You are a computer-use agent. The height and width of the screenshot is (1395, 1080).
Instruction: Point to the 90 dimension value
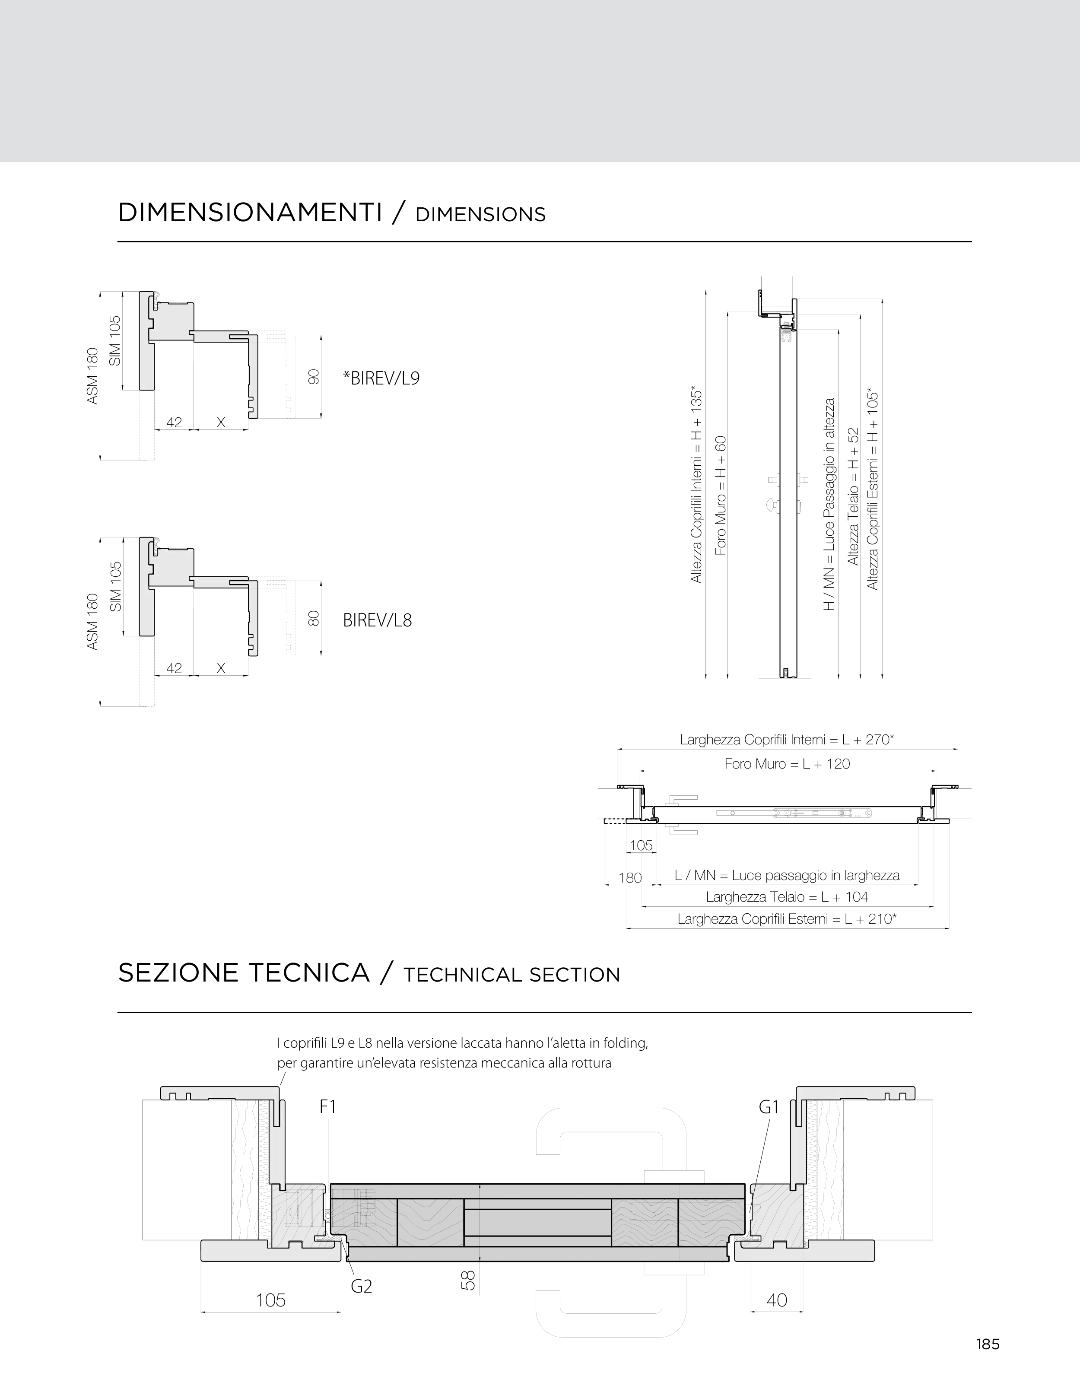[313, 377]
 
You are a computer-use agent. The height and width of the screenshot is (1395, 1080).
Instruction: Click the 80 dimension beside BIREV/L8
[313, 618]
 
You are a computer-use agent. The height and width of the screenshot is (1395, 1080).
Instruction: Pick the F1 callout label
[327, 1107]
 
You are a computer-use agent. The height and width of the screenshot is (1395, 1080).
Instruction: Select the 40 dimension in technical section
[777, 1300]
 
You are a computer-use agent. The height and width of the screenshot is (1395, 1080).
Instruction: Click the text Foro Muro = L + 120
[787, 764]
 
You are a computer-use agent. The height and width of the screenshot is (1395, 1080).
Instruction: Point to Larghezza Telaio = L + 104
[787, 897]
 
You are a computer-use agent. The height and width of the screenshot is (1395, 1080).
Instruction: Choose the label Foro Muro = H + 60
[721, 495]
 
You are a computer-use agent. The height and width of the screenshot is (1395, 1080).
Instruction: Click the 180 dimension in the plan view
[630, 877]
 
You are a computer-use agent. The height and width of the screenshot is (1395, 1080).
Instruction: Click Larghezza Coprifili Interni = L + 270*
[787, 740]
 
